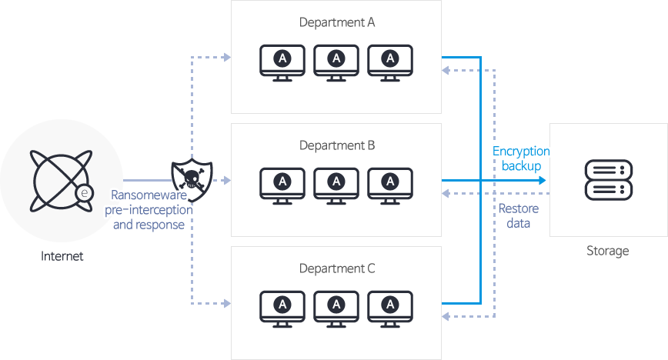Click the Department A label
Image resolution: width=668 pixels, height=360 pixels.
click(x=336, y=22)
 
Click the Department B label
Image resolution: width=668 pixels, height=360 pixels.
click(x=336, y=145)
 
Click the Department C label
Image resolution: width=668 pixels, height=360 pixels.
click(x=336, y=268)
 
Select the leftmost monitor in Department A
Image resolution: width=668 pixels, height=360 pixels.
click(x=282, y=61)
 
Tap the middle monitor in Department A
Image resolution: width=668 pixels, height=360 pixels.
click(x=336, y=61)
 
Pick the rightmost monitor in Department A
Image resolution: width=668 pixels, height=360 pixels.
click(x=390, y=61)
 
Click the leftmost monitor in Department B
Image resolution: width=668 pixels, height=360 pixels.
click(x=282, y=184)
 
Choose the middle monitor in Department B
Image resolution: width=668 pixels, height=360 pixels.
click(x=336, y=184)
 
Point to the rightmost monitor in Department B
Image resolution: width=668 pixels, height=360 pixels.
click(x=390, y=184)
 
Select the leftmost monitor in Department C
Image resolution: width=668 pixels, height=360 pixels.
click(x=282, y=307)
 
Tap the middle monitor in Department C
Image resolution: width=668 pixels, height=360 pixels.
click(x=336, y=307)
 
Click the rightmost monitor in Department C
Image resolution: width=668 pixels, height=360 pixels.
click(x=390, y=307)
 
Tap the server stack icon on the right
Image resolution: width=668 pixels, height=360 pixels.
click(x=608, y=180)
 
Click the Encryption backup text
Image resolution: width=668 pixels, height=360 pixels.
click(x=521, y=158)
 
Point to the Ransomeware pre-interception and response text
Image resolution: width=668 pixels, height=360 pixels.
click(x=149, y=210)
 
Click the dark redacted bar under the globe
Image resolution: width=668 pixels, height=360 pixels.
click(x=62, y=255)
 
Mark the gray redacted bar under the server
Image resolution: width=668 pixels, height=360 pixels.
click(x=607, y=252)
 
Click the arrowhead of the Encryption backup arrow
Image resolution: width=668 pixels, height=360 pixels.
click(x=543, y=180)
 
